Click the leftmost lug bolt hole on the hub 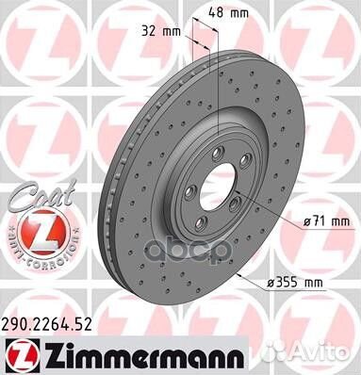tap(188, 192)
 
